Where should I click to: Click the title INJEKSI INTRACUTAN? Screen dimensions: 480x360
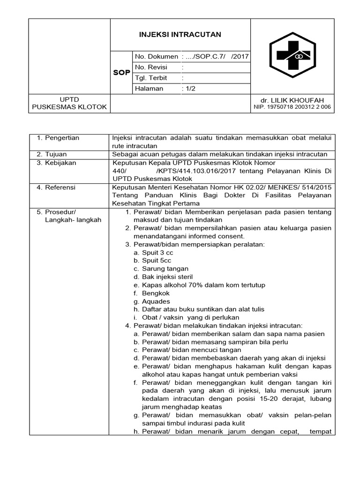(x=180, y=35)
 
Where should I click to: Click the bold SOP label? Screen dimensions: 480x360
(x=122, y=73)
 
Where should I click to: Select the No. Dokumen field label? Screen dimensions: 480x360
(x=157, y=57)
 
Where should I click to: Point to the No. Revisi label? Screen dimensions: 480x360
(x=151, y=67)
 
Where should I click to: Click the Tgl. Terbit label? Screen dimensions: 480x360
(x=151, y=78)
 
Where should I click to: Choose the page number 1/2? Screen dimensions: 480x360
(x=190, y=89)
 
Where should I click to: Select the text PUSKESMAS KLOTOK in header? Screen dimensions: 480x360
(x=69, y=107)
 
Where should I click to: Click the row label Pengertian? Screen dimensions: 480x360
(x=62, y=138)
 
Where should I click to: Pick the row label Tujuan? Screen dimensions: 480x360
(x=55, y=154)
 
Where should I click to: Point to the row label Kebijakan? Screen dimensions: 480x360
(x=60, y=163)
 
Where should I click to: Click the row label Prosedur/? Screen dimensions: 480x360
(x=60, y=212)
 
